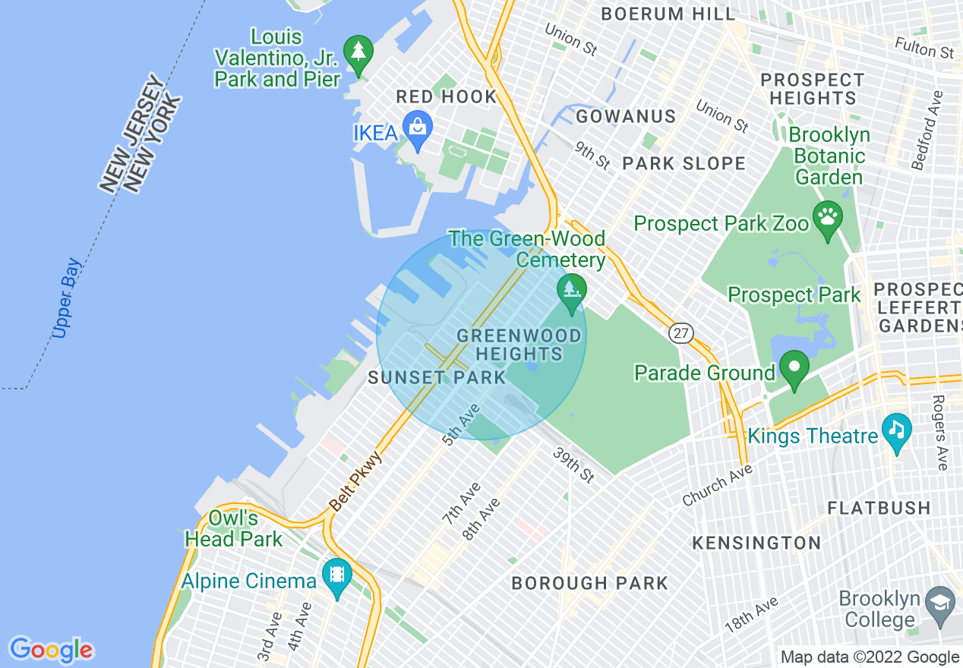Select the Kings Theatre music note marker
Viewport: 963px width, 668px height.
(897, 430)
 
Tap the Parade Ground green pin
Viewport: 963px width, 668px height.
(794, 368)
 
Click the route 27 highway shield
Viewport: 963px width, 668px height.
(680, 332)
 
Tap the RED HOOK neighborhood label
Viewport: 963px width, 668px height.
(447, 96)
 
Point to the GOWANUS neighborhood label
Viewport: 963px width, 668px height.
(626, 116)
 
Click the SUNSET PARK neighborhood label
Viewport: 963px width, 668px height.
(437, 377)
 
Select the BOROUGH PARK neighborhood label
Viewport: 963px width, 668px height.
(589, 583)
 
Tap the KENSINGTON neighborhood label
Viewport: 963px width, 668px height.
(756, 543)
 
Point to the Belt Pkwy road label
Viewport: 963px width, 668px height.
(355, 482)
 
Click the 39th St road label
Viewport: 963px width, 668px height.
(573, 465)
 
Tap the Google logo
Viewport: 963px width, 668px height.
(51, 650)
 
